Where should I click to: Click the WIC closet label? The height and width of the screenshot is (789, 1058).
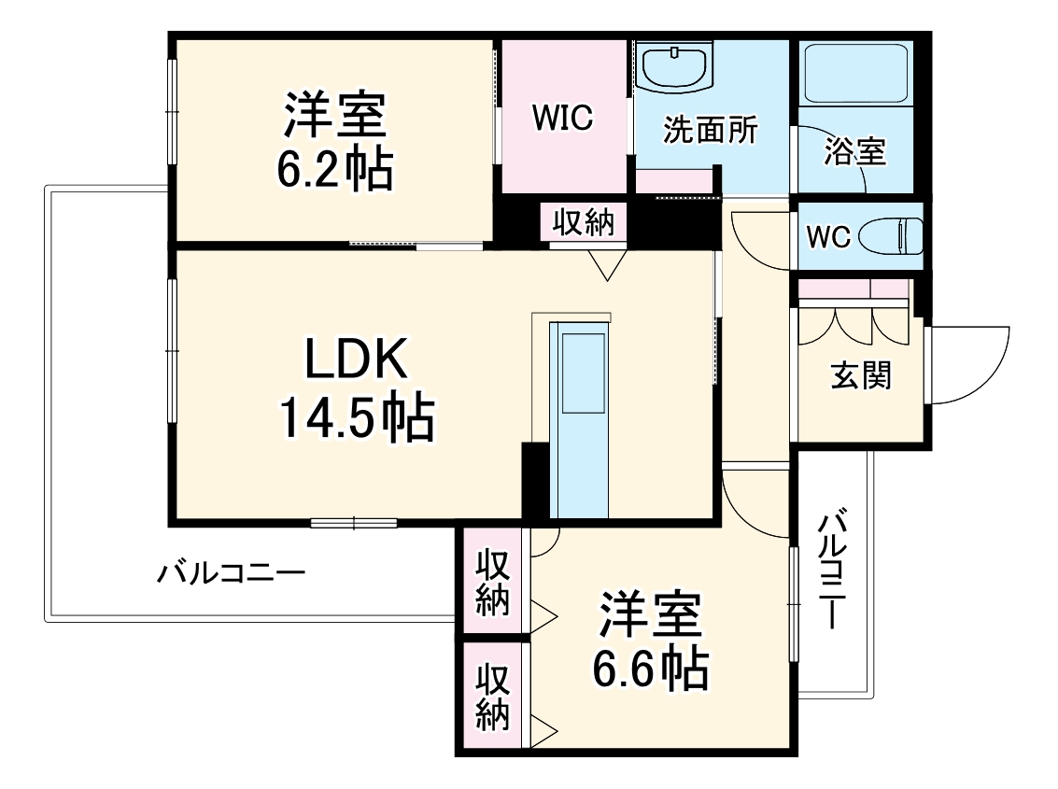(562, 119)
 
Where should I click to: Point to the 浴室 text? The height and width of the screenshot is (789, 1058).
(854, 151)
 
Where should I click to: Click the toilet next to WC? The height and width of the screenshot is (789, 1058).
(892, 235)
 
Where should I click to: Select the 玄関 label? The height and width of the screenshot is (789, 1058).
(861, 375)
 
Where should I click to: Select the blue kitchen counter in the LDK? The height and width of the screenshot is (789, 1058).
(578, 419)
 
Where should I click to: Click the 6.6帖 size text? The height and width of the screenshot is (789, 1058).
(650, 667)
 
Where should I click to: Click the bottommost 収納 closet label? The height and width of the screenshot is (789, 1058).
(492, 696)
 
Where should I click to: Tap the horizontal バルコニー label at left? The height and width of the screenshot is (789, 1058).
(230, 571)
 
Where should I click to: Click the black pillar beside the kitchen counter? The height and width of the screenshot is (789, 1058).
(535, 479)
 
